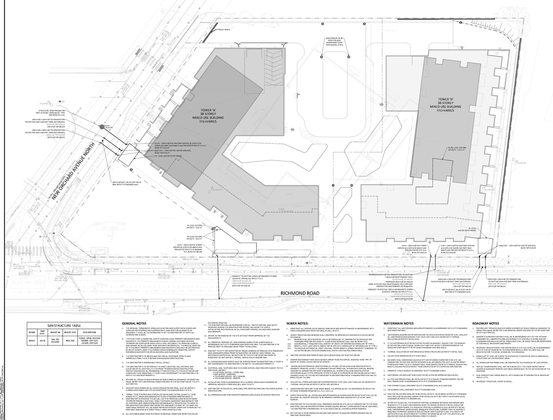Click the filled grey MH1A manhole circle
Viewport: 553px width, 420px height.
102,127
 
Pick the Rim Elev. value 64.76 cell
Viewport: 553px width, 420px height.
43,340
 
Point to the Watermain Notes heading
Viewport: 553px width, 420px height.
398,323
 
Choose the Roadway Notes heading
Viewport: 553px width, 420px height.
486,323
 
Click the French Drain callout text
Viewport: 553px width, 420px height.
224,30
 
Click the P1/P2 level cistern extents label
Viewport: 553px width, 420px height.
456,149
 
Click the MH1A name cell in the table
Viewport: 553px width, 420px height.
32,340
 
